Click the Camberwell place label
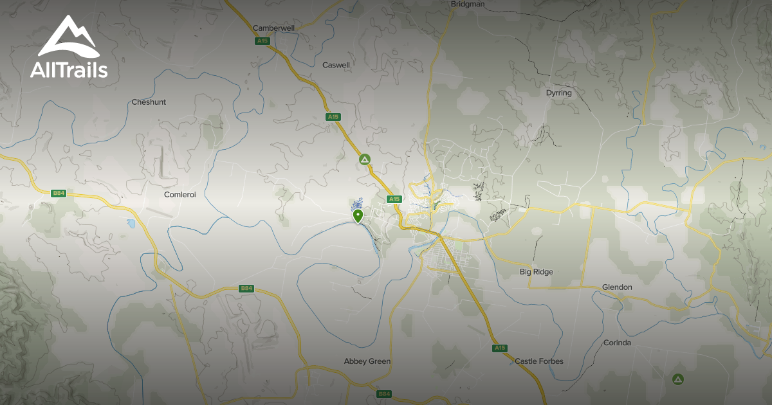(273, 28)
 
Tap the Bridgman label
(468, 4)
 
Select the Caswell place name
(336, 65)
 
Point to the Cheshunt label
(149, 102)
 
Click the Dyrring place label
(558, 93)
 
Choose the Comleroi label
(179, 194)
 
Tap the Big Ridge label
(536, 272)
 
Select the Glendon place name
(617, 287)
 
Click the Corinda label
(617, 343)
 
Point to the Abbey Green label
(367, 361)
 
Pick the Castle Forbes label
(538, 361)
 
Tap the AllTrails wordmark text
(69, 69)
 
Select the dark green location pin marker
(358, 215)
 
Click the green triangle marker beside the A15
(365, 159)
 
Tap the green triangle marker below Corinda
(677, 379)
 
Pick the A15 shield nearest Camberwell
(261, 41)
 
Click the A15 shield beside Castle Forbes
(500, 348)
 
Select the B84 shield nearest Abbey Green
(384, 393)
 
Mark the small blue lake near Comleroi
(131, 224)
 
